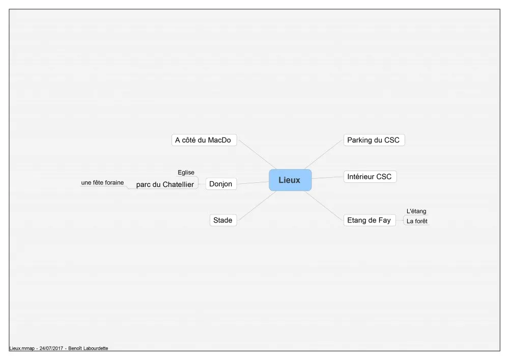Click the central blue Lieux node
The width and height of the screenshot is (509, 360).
pos(290,180)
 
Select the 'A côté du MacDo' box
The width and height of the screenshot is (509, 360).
pos(204,140)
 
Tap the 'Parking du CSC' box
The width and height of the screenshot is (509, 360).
pos(374,140)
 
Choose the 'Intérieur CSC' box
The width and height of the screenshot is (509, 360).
pos(370,177)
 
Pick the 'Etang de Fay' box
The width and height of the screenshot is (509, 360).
pos(370,220)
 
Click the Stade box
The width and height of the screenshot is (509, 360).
pos(223,220)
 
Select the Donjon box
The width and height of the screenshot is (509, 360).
pos(221,184)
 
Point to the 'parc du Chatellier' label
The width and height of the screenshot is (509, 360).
pos(165,184)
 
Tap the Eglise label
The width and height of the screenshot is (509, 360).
pos(186,173)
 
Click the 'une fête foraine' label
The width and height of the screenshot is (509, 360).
pos(102,183)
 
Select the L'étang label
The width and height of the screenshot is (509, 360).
pos(416,211)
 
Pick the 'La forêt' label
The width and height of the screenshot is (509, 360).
pos(417,221)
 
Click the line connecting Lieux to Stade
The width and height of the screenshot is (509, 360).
pos(257,206)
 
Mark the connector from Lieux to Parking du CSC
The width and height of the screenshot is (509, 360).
pos(324,154)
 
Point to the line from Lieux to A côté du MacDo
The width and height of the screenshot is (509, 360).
pos(258,154)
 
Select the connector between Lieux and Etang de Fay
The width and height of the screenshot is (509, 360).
pos(324,206)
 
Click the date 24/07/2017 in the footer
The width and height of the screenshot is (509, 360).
pos(51,348)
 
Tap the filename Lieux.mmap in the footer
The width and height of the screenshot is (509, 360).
pos(22,348)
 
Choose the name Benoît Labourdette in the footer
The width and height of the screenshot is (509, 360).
pos(88,348)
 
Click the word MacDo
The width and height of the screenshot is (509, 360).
pos(219,140)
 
